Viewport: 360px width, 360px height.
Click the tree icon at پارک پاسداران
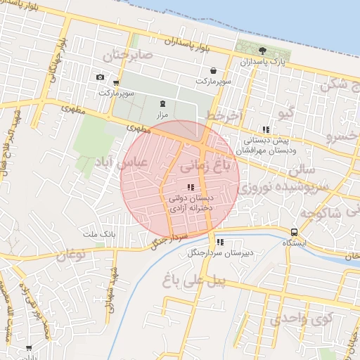(262, 51)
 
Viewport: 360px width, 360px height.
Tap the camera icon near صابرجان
(100, 77)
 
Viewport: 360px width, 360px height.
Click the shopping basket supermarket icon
(213, 70)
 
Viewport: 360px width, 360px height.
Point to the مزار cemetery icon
(162, 103)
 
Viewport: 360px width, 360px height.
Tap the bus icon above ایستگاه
(293, 232)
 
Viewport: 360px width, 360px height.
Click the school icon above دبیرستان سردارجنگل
(220, 242)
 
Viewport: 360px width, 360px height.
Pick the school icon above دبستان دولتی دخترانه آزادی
(190, 187)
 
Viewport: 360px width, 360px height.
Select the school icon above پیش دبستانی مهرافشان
(265, 129)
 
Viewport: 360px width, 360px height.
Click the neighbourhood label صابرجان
(127, 54)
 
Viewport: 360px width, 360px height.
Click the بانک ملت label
(98, 233)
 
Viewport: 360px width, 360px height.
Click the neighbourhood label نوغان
(68, 257)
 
